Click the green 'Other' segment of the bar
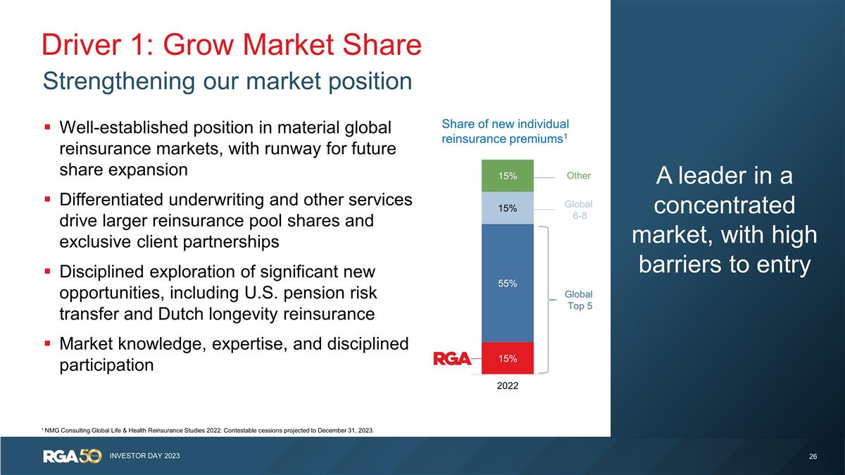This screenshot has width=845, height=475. pyautogui.click(x=508, y=176)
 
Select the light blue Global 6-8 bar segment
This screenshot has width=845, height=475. pyautogui.click(x=508, y=208)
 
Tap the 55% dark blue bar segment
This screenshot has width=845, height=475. pyautogui.click(x=508, y=284)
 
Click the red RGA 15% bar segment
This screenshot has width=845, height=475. pyautogui.click(x=508, y=358)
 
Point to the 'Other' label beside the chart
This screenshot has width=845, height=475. pyautogui.click(x=579, y=176)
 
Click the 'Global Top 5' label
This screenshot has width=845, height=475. pyautogui.click(x=580, y=300)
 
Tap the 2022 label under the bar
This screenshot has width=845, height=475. pyautogui.click(x=506, y=386)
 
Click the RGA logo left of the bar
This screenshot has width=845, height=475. pyautogui.click(x=452, y=359)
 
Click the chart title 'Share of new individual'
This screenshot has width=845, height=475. pyautogui.click(x=505, y=124)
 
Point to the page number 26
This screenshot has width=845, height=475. pyautogui.click(x=813, y=457)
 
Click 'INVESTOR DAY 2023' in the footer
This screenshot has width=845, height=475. pyautogui.click(x=144, y=456)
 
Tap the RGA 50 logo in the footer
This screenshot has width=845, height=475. pyautogui.click(x=73, y=456)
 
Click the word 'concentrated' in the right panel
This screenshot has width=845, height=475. pyautogui.click(x=725, y=206)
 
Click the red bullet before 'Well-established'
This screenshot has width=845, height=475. pyautogui.click(x=46, y=128)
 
